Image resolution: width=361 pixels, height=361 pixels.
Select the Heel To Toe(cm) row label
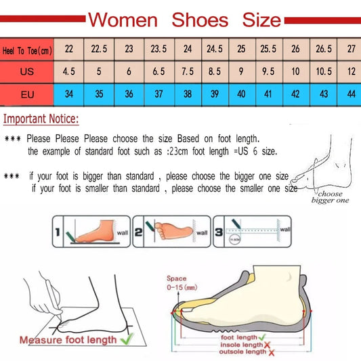coord(27,49)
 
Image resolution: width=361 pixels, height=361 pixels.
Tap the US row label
coord(27,71)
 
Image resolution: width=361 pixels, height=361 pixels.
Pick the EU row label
coord(27,93)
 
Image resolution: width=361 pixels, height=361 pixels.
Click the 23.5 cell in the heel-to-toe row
coord(158,49)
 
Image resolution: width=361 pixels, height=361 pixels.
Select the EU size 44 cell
coord(351,93)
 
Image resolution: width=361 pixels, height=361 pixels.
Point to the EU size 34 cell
coord(69,93)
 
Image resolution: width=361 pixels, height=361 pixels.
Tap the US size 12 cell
coord(351,71)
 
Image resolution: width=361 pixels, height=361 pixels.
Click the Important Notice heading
coord(41,120)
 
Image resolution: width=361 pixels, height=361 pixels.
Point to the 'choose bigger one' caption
coord(330,197)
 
